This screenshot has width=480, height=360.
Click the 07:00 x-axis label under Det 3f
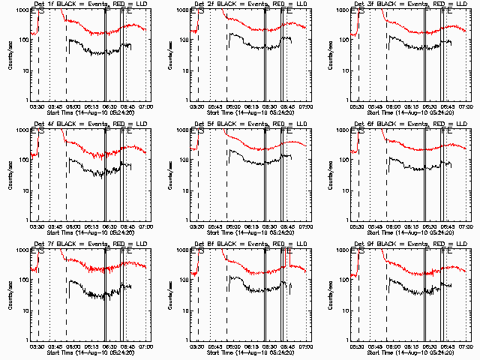pos(465,106)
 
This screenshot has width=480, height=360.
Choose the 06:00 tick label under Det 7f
pos(72,346)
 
